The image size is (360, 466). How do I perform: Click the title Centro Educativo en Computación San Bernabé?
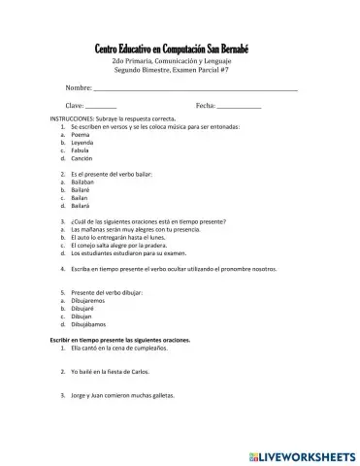180,49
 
